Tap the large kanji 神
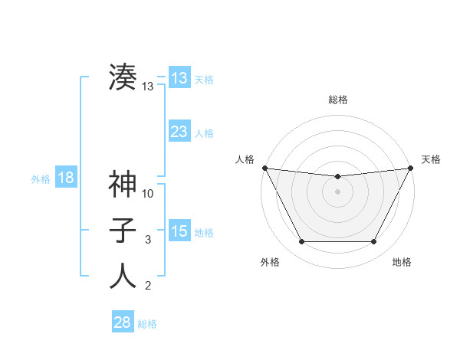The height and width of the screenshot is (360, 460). pos(123,184)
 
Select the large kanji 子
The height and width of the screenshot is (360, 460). pos(123,230)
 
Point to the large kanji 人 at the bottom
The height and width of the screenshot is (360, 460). pos(123,276)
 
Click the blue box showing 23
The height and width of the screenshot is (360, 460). pos(179,132)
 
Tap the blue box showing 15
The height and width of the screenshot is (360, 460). pos(179,231)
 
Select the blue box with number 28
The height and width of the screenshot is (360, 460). pos(122,322)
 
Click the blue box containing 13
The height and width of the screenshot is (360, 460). pos(179,78)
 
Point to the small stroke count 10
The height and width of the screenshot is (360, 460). pos(149,194)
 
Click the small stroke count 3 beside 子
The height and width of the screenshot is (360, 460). pos(149,240)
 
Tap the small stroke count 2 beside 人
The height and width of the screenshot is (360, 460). pos(149,286)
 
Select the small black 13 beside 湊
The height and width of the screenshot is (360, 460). pos(148,87)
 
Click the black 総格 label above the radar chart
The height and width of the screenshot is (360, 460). pos(337,100)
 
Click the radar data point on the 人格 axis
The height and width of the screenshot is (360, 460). pos(264,168)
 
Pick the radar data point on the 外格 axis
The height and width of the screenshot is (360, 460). pos(301,242)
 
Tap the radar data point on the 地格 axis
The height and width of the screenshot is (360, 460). pos(374,242)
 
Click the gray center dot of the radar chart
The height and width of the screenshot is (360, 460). pos(337,191)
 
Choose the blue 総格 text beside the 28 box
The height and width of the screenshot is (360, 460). pos(147,323)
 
